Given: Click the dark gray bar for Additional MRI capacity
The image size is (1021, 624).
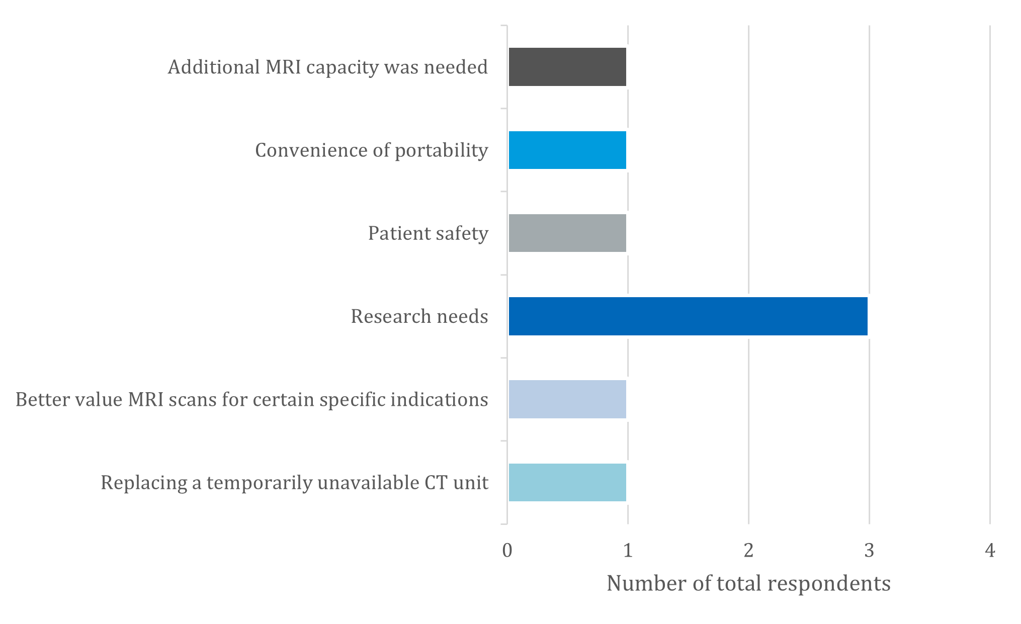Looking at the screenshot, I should tap(567, 67).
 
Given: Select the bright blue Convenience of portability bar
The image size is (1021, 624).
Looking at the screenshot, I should tap(567, 150).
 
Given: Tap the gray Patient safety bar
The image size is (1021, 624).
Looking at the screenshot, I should tap(567, 233).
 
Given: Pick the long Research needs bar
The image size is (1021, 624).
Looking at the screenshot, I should tap(688, 316).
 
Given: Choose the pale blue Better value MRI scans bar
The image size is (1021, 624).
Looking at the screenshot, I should tap(567, 399).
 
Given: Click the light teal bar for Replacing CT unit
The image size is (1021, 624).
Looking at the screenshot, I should tap(567, 482).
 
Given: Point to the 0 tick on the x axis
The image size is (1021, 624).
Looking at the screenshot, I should tap(507, 551).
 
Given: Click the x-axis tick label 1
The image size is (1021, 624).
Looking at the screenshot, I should tap(628, 551).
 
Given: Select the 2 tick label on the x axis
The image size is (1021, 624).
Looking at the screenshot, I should tap(748, 551).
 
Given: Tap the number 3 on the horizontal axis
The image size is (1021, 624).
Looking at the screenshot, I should tap(869, 551).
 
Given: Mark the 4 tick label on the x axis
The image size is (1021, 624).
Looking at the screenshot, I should tap(990, 551).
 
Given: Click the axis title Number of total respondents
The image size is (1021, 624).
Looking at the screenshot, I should tap(748, 584).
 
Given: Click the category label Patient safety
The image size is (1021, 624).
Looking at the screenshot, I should tap(428, 233).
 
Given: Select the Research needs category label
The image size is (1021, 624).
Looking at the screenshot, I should tap(419, 316).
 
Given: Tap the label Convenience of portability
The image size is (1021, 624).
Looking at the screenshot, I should tap(371, 150).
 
